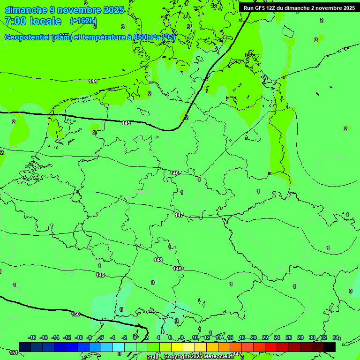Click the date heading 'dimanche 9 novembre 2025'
click(64, 10)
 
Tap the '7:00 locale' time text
click(33, 21)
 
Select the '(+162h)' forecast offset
click(83, 21)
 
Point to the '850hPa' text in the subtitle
click(142, 38)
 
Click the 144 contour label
click(93, 81)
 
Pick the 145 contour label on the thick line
click(126, 123)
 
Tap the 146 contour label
click(174, 173)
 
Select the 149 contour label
click(100, 275)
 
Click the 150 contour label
click(75, 314)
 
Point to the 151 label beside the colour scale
click(14, 352)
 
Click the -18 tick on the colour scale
click(32, 337)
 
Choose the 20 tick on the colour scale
click(253, 337)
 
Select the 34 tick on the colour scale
click(335, 337)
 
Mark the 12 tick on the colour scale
click(207, 337)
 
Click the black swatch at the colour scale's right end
click(330, 347)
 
